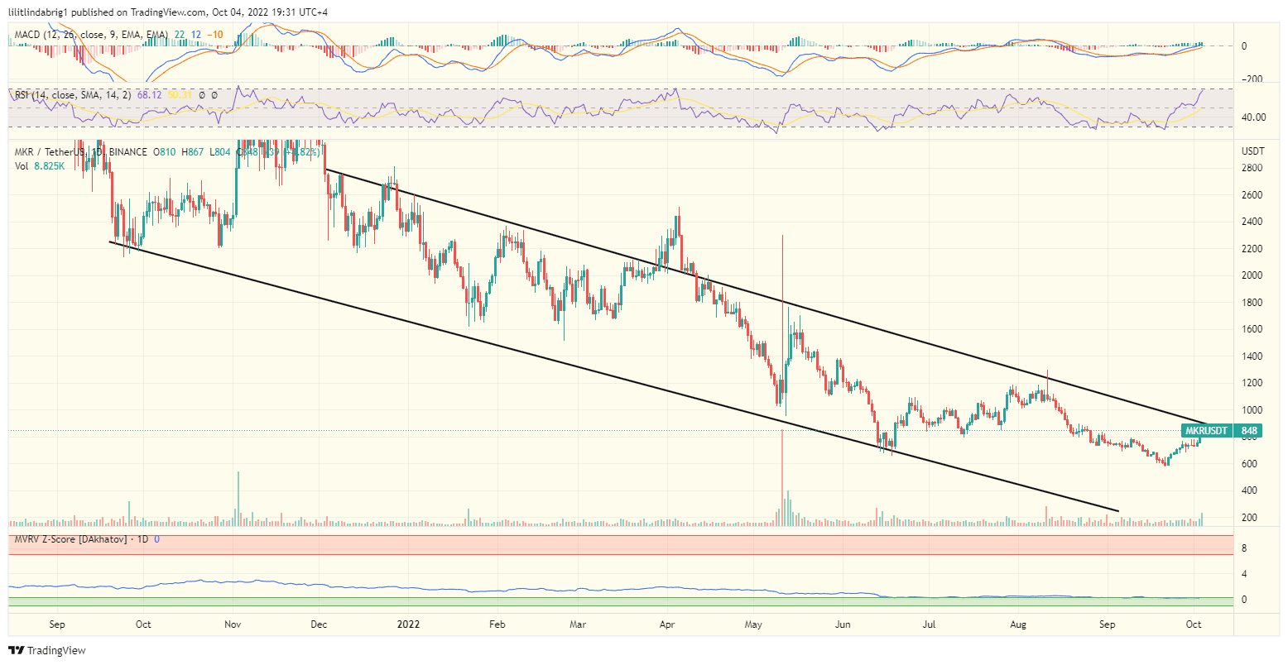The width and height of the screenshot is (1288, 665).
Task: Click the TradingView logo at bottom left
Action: (x=47, y=651)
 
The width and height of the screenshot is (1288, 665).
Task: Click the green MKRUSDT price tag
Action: (x=1206, y=431)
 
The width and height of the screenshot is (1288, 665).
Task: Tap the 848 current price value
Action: (x=1249, y=431)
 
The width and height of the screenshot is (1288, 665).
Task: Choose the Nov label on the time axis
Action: (x=233, y=624)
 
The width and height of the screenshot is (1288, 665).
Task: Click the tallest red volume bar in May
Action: (x=782, y=480)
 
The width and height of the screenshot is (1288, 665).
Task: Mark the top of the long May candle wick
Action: (x=782, y=237)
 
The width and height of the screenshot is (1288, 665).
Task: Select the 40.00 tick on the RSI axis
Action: (x=1252, y=117)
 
